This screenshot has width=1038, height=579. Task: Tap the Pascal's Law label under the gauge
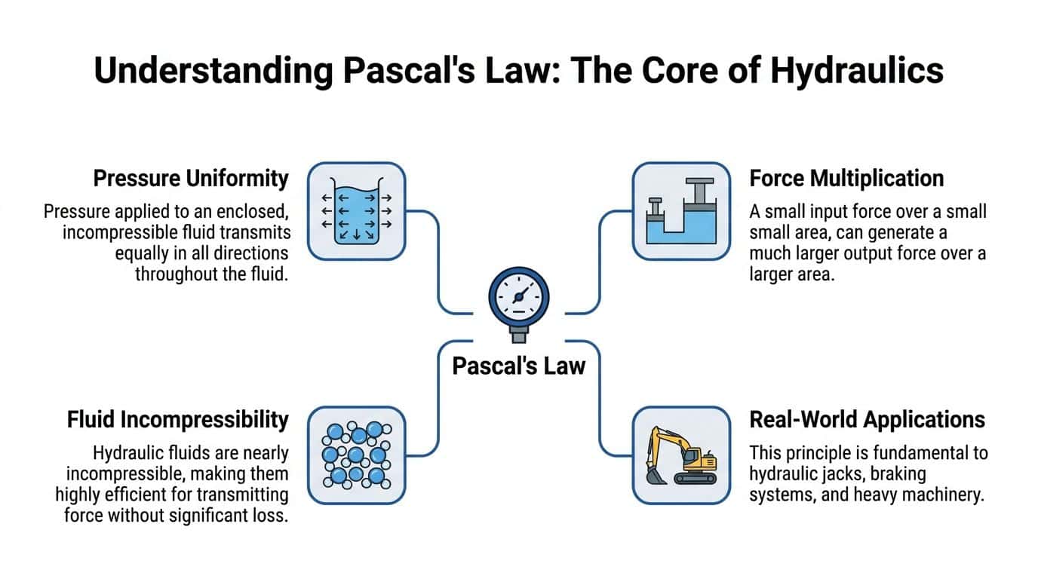point(518,366)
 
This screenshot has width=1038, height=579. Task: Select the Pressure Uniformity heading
point(191,179)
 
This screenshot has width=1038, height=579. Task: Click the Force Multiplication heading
point(846,179)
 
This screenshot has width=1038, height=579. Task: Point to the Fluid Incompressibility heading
point(178,419)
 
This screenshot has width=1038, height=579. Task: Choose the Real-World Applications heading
point(867,419)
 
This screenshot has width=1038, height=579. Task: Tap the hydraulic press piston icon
point(680,210)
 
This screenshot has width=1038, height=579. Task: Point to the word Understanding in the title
point(212,70)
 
